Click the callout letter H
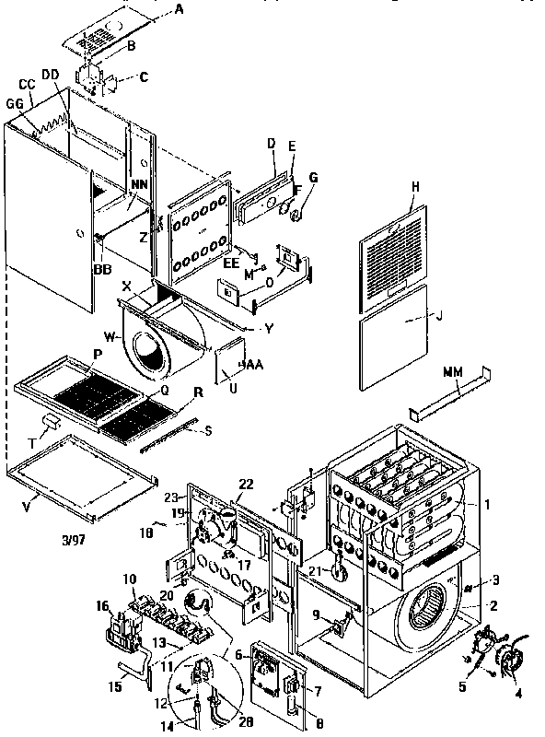click(415, 186)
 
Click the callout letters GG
click(16, 104)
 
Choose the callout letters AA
click(252, 366)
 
